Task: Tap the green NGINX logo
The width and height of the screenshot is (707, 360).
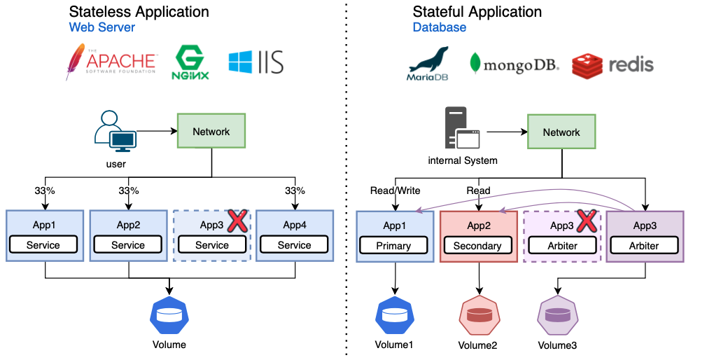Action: pos(190,63)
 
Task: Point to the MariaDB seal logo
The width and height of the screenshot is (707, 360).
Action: pos(428,64)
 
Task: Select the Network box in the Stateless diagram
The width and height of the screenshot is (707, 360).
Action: pos(211,131)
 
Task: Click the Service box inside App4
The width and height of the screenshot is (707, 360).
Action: pos(294,244)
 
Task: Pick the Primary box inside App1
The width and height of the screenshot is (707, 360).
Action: pos(394,245)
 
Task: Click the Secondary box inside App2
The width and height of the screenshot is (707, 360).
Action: pos(477,245)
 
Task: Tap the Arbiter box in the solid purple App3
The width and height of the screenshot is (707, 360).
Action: pos(644,245)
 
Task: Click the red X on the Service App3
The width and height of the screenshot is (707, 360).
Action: pos(237,221)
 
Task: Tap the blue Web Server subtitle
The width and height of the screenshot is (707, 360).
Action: pos(102,27)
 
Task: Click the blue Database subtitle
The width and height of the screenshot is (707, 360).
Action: pos(440,27)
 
